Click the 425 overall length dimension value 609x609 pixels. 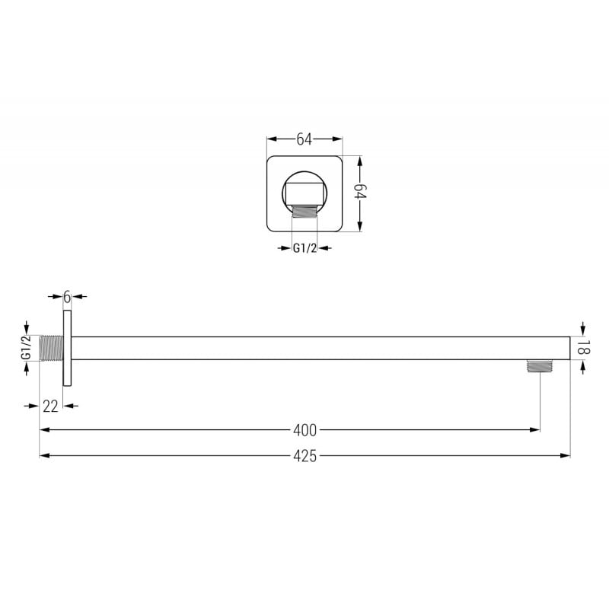pyautogui.click(x=304, y=456)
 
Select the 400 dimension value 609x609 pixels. pyautogui.click(x=304, y=430)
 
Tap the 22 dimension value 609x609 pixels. pyautogui.click(x=51, y=406)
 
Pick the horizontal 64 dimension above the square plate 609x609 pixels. pyautogui.click(x=304, y=139)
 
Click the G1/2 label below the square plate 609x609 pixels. pyautogui.click(x=304, y=247)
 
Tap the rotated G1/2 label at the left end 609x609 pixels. pyautogui.click(x=26, y=348)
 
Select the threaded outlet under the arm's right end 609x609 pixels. pyautogui.click(x=540, y=366)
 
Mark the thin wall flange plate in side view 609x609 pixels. pyautogui.click(x=67, y=348)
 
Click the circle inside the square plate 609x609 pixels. pyautogui.click(x=304, y=188)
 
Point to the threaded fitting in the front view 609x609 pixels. pyautogui.click(x=304, y=211)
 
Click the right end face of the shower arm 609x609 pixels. pyautogui.click(x=569, y=348)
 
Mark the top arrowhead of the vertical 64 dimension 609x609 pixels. pyautogui.click(x=361, y=161)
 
